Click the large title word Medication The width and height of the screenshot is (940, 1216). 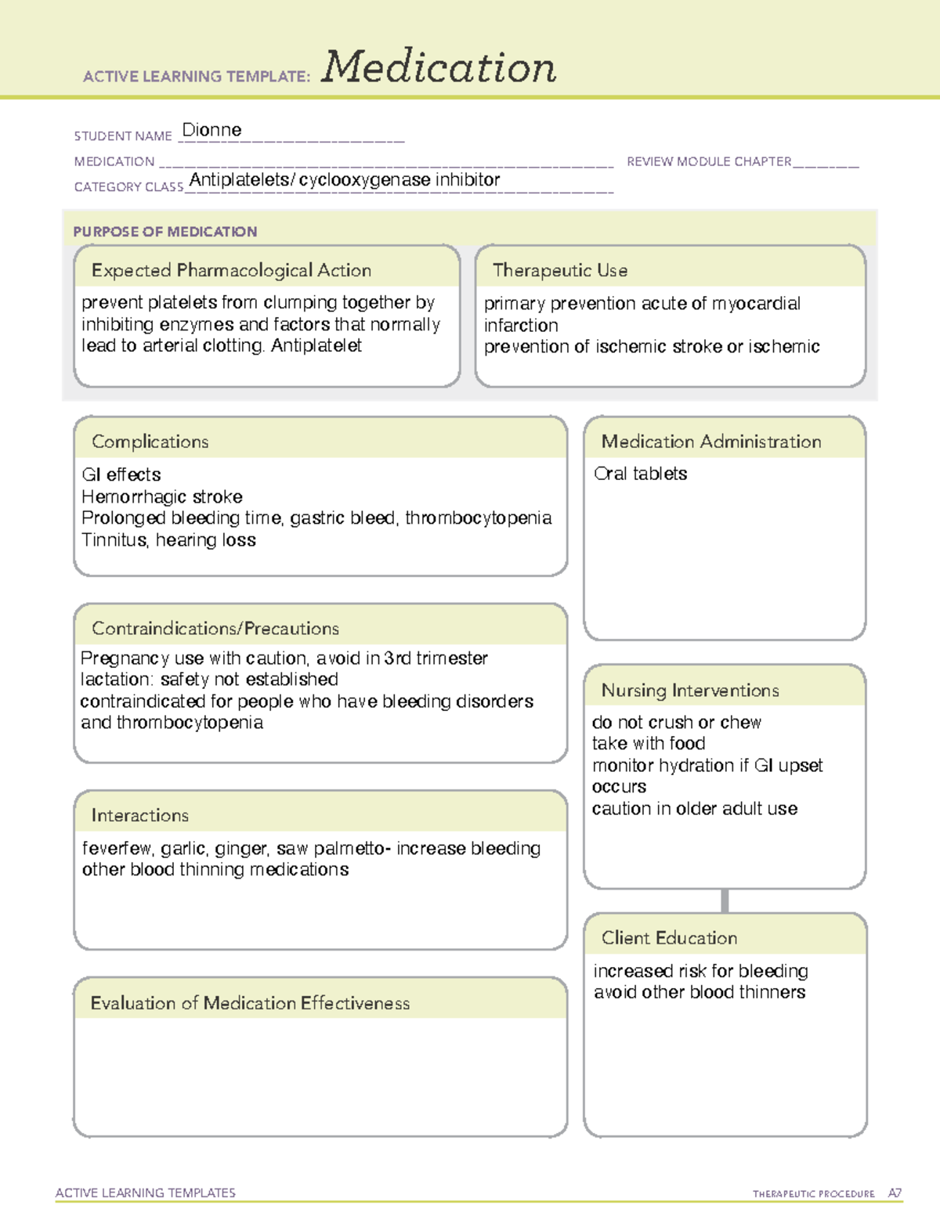click(x=439, y=67)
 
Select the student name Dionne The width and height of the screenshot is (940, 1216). click(x=211, y=130)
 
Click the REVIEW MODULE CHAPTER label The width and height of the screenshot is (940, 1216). click(x=708, y=161)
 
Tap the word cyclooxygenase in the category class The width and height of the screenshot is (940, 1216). click(x=364, y=180)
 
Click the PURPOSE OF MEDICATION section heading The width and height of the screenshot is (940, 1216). click(x=165, y=232)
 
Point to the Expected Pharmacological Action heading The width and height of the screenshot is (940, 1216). click(x=231, y=270)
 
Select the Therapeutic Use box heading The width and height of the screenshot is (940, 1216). click(x=559, y=270)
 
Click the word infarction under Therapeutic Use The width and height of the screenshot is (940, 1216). click(x=521, y=325)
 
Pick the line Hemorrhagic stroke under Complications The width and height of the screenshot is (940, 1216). click(x=162, y=496)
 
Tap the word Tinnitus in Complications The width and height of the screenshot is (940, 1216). click(x=114, y=539)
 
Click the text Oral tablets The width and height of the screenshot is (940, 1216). click(x=640, y=474)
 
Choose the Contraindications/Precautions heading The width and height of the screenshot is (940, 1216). click(x=215, y=628)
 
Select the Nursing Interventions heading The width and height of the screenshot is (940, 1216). click(x=690, y=690)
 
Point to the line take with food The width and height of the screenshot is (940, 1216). click(x=649, y=743)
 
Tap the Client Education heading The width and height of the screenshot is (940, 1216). click(x=669, y=937)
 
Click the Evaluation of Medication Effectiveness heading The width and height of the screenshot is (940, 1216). click(x=250, y=1003)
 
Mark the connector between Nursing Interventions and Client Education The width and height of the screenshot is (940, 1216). click(x=725, y=900)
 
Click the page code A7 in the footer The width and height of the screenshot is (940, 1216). click(x=895, y=1193)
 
